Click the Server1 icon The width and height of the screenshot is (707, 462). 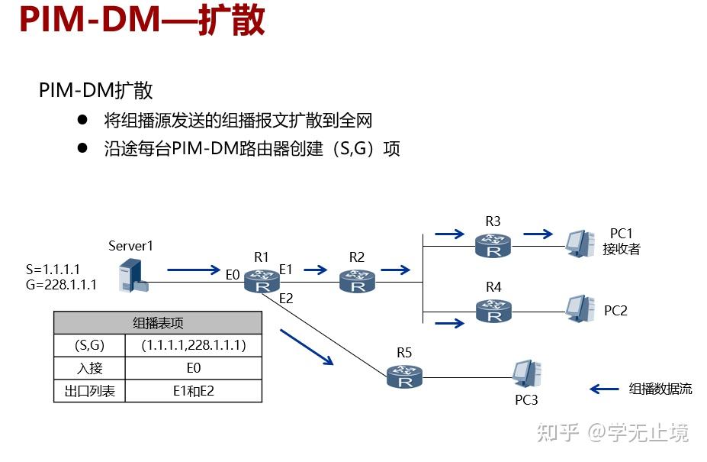point(132,276)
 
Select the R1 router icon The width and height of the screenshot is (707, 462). point(262,282)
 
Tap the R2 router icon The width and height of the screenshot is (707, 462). point(357,282)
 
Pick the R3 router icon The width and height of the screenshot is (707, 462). point(493,245)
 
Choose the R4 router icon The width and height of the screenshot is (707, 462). point(493,311)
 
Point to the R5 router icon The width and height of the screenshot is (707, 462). point(403,376)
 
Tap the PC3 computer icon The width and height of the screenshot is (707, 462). point(528,373)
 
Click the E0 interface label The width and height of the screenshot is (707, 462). point(233,274)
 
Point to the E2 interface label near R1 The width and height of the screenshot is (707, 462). point(286,299)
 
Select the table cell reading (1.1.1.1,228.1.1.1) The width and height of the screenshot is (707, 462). point(194,346)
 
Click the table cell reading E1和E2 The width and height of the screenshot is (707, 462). point(194,391)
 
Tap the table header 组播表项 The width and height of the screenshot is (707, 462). point(158,322)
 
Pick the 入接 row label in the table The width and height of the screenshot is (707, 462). point(89,368)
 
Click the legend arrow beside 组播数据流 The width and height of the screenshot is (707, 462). point(604,389)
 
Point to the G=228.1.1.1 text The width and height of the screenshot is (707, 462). point(61,285)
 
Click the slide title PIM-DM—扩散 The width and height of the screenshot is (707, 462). point(142,21)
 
